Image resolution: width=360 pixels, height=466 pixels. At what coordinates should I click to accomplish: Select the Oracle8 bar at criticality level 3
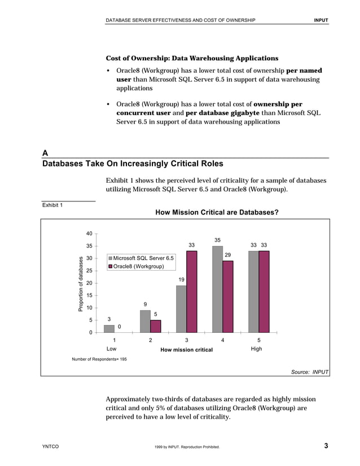tap(192, 292)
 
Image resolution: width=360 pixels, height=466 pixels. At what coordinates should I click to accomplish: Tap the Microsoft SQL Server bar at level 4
tap(217, 289)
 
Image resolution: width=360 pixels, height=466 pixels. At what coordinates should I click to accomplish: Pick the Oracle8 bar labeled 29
tap(228, 296)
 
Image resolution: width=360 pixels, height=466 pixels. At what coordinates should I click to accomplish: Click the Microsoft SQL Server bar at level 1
tap(109, 328)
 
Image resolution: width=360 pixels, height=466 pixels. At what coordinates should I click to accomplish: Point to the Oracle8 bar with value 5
tap(156, 326)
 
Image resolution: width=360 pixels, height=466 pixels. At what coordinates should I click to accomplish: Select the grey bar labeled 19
tap(181, 309)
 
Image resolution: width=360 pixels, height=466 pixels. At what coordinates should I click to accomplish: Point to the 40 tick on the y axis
tap(89, 234)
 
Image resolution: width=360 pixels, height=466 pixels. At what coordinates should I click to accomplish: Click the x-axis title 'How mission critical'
tap(186, 350)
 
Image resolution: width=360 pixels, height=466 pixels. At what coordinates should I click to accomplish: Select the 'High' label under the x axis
tap(256, 349)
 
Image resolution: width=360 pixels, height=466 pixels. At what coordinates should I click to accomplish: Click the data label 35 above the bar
tap(217, 240)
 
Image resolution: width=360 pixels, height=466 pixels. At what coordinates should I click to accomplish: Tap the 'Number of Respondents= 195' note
tap(99, 359)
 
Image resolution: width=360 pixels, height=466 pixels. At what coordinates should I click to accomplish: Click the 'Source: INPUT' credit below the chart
tap(310, 372)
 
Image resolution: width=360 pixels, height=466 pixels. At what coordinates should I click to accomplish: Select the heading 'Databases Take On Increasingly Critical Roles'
tap(133, 164)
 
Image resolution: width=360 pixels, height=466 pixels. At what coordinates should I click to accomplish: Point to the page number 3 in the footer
tap(326, 447)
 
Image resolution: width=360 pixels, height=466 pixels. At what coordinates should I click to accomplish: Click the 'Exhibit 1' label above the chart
tap(52, 205)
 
